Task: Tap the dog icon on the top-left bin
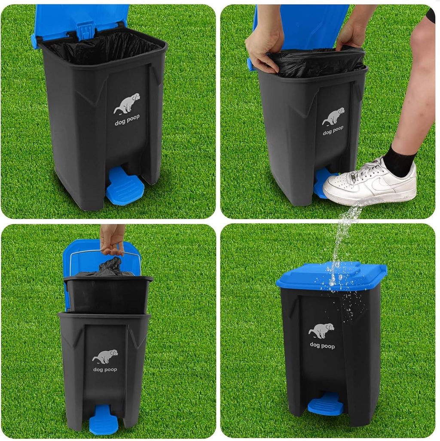[x=127, y=104]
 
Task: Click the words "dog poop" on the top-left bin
[x=127, y=123]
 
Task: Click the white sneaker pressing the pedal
[x=370, y=182]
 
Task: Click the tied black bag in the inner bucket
[x=109, y=267]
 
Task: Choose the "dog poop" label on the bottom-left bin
[x=105, y=370]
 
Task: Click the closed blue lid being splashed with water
[x=331, y=275]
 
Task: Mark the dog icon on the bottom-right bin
[x=321, y=331]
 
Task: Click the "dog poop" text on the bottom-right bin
[x=322, y=345]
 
